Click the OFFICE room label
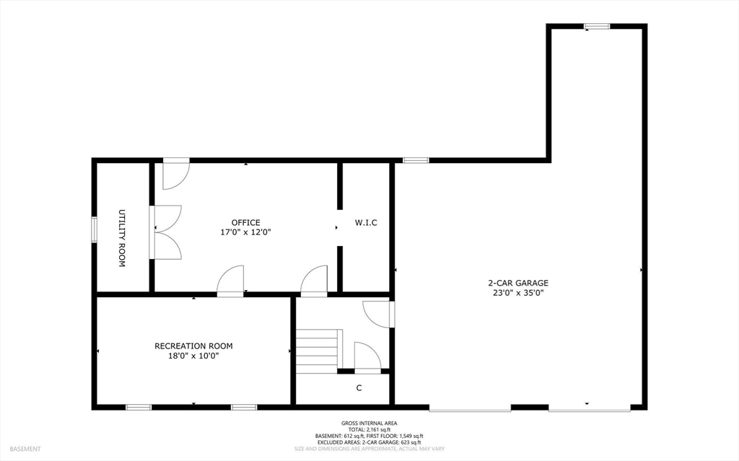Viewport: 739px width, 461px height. pyautogui.click(x=245, y=222)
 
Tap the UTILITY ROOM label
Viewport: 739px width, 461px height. pyautogui.click(x=121, y=238)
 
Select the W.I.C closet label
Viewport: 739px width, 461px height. pyautogui.click(x=366, y=222)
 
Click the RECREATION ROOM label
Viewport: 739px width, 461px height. pyautogui.click(x=193, y=346)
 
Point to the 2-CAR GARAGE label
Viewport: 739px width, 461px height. pyautogui.click(x=518, y=283)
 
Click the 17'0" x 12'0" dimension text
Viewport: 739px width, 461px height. pyautogui.click(x=245, y=232)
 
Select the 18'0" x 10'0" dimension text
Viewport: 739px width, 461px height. pyautogui.click(x=193, y=356)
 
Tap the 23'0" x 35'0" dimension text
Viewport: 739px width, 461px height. pyautogui.click(x=518, y=293)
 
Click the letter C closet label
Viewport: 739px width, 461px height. pyautogui.click(x=359, y=388)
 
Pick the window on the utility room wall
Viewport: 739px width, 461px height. pyautogui.click(x=95, y=229)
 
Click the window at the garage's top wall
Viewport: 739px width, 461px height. pyautogui.click(x=597, y=27)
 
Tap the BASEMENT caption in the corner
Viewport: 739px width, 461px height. pyautogui.click(x=25, y=449)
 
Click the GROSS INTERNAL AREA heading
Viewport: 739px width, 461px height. pyautogui.click(x=369, y=423)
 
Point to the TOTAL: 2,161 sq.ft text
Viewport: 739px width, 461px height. pyautogui.click(x=369, y=430)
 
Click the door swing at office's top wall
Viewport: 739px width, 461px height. pyautogui.click(x=176, y=174)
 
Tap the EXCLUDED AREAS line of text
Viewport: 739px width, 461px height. pyautogui.click(x=369, y=443)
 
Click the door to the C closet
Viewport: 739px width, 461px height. pyautogui.click(x=367, y=358)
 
